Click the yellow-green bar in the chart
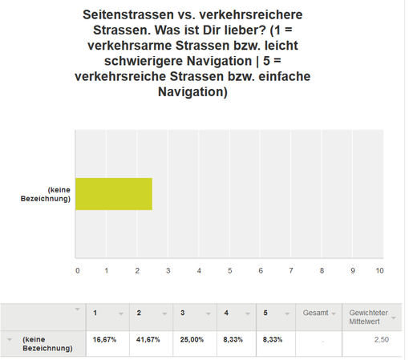click(x=114, y=194)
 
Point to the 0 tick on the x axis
click(x=78, y=271)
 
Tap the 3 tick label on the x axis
click(x=168, y=271)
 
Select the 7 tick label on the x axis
click(x=291, y=271)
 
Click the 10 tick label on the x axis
click(x=379, y=271)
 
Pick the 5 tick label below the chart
click(x=230, y=271)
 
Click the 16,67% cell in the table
click(x=104, y=340)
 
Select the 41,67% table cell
click(x=148, y=340)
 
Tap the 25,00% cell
click(x=192, y=340)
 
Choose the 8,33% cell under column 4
click(x=233, y=340)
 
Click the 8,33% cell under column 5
click(x=273, y=340)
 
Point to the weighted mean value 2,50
click(x=382, y=340)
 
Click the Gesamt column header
click(x=316, y=313)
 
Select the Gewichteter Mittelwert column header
click(x=369, y=317)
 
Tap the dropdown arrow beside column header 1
click(x=121, y=313)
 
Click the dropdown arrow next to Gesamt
click(x=334, y=313)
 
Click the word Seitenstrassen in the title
click(x=128, y=14)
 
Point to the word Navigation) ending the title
click(x=192, y=92)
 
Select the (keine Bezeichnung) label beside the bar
click(x=46, y=194)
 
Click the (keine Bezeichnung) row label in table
click(x=47, y=344)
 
